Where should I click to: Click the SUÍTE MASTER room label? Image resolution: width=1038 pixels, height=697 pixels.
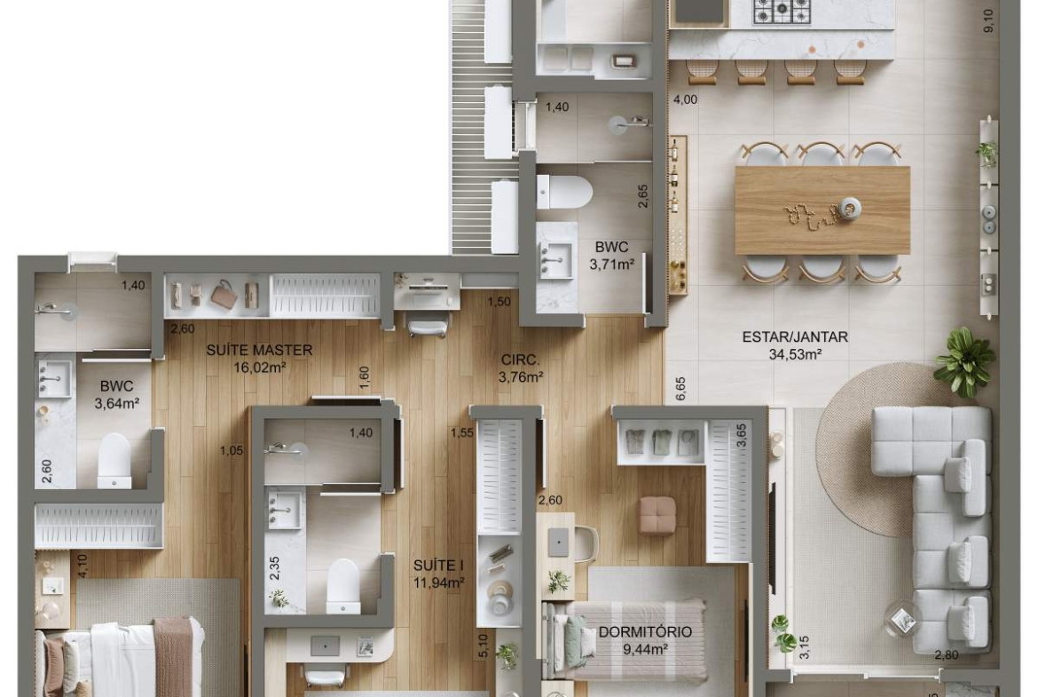pyautogui.click(x=259, y=350)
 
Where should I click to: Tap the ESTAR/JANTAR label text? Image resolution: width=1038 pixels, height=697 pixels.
pyautogui.click(x=795, y=337)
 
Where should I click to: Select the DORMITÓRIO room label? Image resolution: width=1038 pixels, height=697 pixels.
pyautogui.click(x=645, y=632)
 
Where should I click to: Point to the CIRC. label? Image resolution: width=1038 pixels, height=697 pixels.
pyautogui.click(x=520, y=360)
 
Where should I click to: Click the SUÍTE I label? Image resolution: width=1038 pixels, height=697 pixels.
pyautogui.click(x=438, y=566)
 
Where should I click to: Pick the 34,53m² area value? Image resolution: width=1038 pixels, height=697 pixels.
pyautogui.click(x=795, y=354)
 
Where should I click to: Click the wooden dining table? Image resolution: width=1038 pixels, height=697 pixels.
pyautogui.click(x=822, y=210)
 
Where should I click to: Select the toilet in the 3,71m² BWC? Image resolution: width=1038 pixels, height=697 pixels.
pyautogui.click(x=564, y=192)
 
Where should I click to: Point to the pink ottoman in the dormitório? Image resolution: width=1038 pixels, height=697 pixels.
pyautogui.click(x=658, y=513)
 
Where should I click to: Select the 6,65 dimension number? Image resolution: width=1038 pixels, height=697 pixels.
pyautogui.click(x=681, y=389)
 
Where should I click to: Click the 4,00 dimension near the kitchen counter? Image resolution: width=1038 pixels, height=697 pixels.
pyautogui.click(x=685, y=100)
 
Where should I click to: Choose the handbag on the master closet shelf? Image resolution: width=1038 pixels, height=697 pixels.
pyautogui.click(x=224, y=294)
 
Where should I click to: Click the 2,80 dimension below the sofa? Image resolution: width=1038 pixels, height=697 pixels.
pyautogui.click(x=946, y=655)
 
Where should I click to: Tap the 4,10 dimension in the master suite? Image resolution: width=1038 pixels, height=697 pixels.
pyautogui.click(x=82, y=566)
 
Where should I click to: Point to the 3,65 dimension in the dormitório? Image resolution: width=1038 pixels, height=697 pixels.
pyautogui.click(x=742, y=437)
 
